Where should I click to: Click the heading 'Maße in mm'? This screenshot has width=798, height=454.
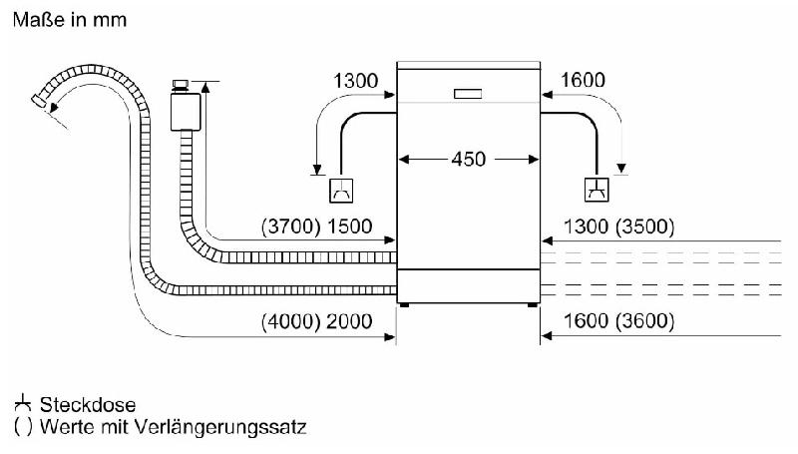click(x=70, y=20)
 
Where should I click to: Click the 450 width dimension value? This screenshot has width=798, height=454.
click(x=468, y=160)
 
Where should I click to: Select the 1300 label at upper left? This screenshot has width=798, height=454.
click(x=356, y=81)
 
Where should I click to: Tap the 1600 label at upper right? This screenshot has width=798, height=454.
click(x=583, y=80)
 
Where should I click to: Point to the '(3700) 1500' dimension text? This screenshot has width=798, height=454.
click(x=316, y=227)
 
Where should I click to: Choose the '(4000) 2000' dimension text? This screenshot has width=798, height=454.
click(x=316, y=321)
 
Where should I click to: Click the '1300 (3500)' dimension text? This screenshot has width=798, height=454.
click(x=618, y=227)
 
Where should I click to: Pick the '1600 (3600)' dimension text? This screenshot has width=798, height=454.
click(x=618, y=321)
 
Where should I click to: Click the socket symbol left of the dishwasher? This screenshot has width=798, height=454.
click(x=341, y=191)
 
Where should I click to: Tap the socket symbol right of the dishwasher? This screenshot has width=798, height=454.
click(x=597, y=190)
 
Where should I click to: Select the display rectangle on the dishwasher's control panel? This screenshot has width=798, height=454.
click(x=468, y=94)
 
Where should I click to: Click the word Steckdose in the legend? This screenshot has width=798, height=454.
click(x=88, y=405)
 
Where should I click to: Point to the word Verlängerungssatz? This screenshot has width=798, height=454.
click(x=220, y=427)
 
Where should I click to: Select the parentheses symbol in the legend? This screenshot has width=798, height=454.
click(x=23, y=426)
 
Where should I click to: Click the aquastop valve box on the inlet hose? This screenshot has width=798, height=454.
click(x=186, y=112)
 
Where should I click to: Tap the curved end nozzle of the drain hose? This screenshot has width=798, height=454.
click(x=41, y=101)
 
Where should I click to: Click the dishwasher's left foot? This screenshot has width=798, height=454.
click(x=404, y=305)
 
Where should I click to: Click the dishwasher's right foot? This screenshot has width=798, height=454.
click(x=533, y=305)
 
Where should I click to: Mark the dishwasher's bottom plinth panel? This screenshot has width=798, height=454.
click(x=468, y=286)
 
